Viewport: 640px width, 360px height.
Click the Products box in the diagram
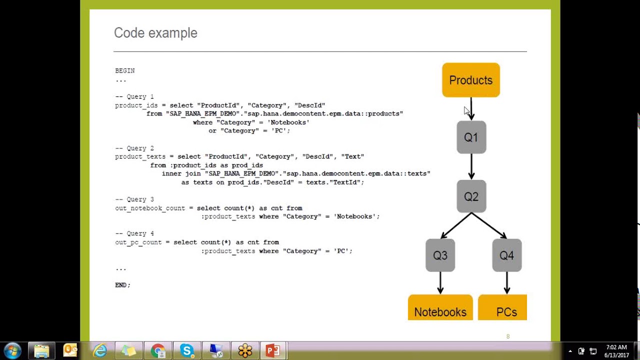[470, 80]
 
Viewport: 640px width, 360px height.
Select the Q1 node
[471, 137]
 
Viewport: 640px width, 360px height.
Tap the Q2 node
[471, 196]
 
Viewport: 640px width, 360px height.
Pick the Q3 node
[440, 255]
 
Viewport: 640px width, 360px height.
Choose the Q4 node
[506, 255]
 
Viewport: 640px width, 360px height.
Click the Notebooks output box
[440, 308]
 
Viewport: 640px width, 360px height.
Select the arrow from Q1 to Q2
[471, 166]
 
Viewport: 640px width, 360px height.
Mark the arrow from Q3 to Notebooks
[440, 283]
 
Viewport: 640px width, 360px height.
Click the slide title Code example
[155, 33]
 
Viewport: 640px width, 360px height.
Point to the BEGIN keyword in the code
[125, 71]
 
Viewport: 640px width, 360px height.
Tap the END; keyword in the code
[122, 285]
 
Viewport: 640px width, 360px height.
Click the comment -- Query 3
[134, 199]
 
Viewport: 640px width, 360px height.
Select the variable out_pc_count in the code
[138, 242]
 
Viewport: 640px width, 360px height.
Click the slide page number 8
[508, 336]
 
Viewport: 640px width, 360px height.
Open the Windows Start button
[12, 350]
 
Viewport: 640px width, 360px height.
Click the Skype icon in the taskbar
[187, 350]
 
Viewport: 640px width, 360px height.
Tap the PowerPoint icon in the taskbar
[273, 350]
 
